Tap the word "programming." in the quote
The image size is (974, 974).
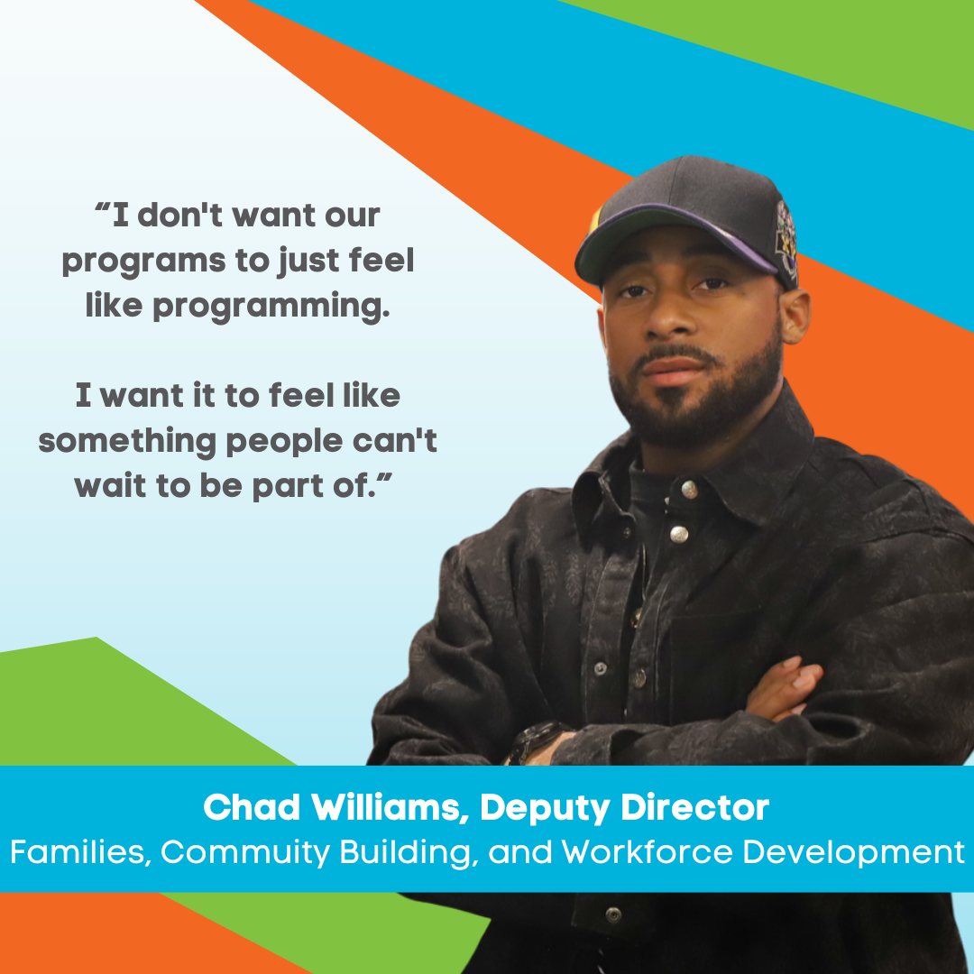pos(271,307)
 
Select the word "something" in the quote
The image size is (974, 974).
pos(127,442)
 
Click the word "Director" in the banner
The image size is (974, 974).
pos(695,807)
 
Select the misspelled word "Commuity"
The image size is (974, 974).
pos(244,852)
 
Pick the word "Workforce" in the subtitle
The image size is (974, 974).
pos(648,851)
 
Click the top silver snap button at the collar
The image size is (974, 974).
pos(689,490)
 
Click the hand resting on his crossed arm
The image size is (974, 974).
pos(784,690)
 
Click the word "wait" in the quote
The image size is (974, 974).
pos(110,486)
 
